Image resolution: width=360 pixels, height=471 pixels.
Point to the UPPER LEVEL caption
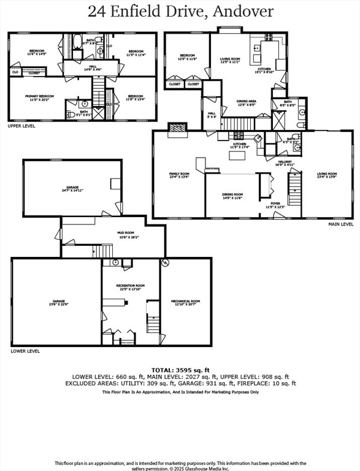[x=21, y=126]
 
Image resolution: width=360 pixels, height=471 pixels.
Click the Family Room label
[x=178, y=175]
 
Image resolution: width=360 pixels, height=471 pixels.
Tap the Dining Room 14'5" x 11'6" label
[x=232, y=196]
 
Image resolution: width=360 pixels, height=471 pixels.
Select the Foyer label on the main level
[x=275, y=205]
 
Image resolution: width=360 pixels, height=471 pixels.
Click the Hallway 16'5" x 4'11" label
[x=285, y=163]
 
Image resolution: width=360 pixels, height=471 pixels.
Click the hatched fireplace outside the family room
[x=178, y=128]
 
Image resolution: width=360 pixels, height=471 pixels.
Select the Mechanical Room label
[x=185, y=302]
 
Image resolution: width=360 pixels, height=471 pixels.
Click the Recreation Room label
[x=131, y=287]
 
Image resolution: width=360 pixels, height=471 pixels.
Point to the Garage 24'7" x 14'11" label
[x=72, y=188]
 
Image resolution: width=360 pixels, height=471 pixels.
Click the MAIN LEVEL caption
[x=341, y=224]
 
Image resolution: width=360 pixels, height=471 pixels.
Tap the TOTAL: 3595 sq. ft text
[x=180, y=370]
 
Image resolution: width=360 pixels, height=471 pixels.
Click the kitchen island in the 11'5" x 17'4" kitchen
[x=237, y=155]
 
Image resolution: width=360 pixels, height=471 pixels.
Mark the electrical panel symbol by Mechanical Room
[x=164, y=263]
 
